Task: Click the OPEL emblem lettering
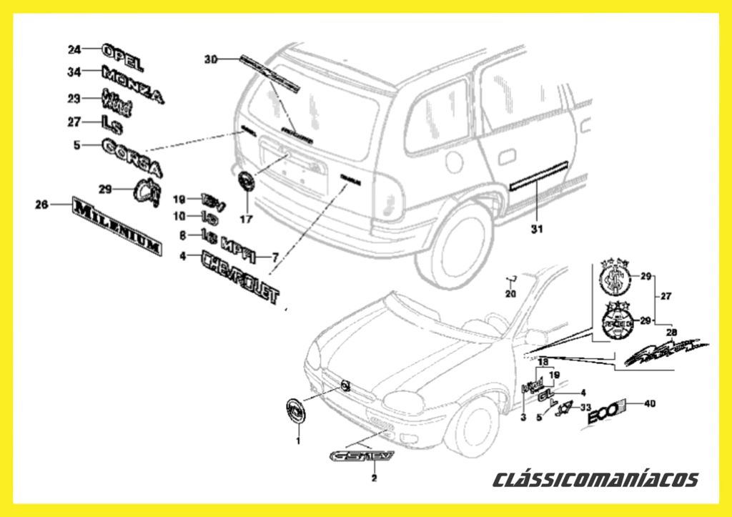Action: click(123, 56)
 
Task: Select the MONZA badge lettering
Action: click(132, 82)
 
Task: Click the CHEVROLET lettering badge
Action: click(240, 277)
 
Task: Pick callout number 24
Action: click(74, 49)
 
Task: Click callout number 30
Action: click(210, 59)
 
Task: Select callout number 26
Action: click(42, 205)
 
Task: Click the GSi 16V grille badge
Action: click(360, 456)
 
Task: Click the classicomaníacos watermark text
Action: click(595, 479)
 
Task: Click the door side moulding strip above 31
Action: click(538, 177)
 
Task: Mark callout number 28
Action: click(671, 333)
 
